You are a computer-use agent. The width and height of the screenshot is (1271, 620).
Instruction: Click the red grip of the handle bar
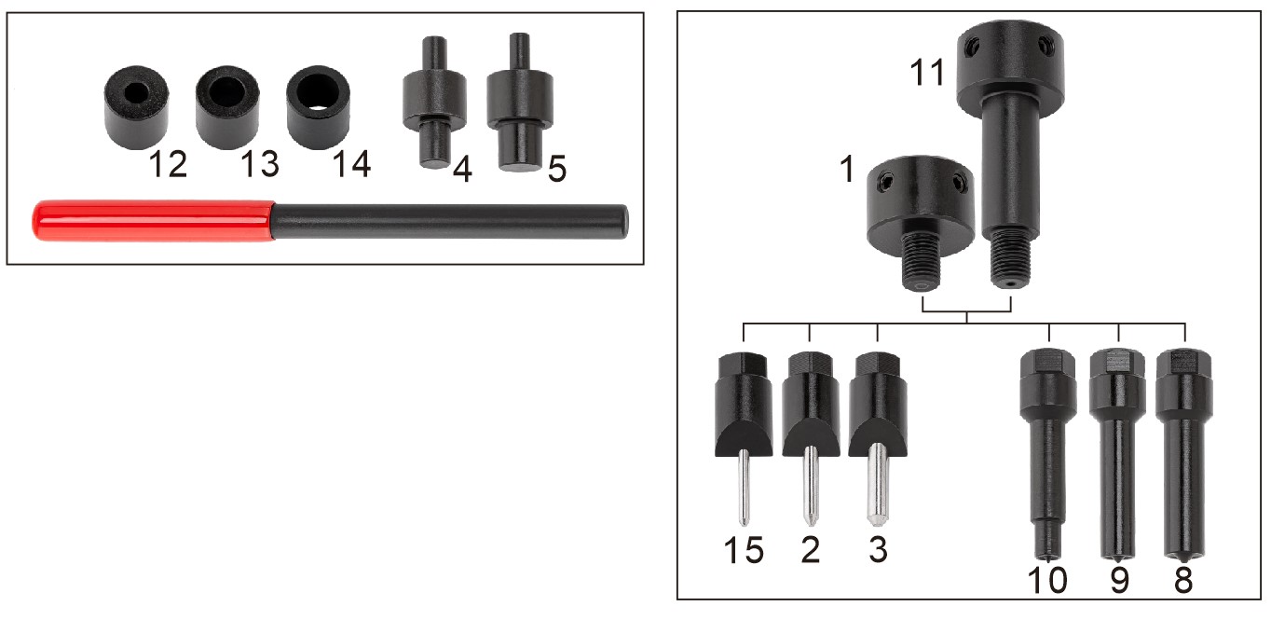(x=153, y=220)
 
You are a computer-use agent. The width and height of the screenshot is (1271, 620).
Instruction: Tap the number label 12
(x=168, y=165)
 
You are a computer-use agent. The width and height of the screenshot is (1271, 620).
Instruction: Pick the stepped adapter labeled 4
(x=434, y=103)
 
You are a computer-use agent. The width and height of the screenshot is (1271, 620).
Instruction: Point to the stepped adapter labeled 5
(x=520, y=103)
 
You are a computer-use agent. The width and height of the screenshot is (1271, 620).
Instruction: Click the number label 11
(x=927, y=73)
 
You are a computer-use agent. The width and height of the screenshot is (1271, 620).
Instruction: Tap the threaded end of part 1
(x=921, y=262)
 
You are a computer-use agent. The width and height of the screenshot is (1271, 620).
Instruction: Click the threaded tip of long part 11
(x=1011, y=260)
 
